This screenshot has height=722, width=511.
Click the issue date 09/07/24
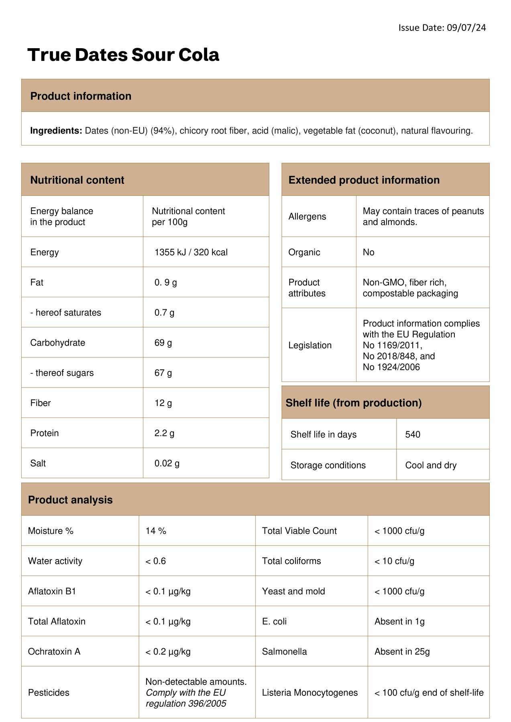coord(466,28)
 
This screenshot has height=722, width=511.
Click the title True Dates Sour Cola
coord(123,55)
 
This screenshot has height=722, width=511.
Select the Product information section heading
coord(81,96)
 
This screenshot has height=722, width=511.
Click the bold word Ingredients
coord(56,131)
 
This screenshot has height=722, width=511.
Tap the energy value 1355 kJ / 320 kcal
coord(191,252)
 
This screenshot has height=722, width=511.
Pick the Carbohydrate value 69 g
coord(163,343)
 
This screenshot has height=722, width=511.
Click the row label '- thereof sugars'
coord(62,373)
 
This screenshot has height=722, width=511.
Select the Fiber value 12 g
coord(163,403)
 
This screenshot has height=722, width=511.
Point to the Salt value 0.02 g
coord(167,463)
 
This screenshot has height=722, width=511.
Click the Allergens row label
coord(307,217)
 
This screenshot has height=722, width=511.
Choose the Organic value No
coord(368,252)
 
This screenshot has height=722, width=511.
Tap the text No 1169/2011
coord(392,345)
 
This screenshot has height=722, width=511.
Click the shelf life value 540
coord(413,434)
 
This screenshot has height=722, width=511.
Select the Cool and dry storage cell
coord(431,465)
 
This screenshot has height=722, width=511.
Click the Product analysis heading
coord(70,500)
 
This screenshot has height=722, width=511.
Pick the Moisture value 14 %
coord(156,531)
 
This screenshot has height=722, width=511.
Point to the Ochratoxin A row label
coord(54,651)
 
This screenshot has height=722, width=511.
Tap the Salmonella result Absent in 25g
coord(402,651)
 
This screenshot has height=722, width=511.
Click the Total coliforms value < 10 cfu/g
coord(394,561)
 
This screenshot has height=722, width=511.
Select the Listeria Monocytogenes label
coord(309,693)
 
